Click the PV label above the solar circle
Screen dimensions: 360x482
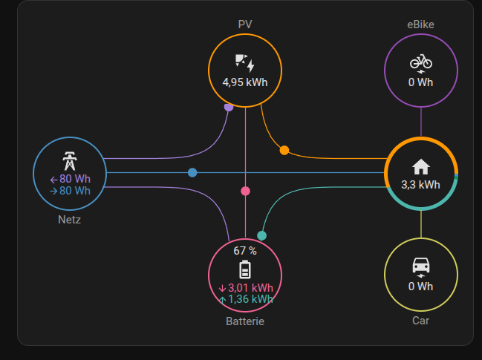pyautogui.click(x=245, y=24)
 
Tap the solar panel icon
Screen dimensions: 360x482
pyautogui.click(x=244, y=62)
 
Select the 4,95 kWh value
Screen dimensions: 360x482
pyautogui.click(x=245, y=82)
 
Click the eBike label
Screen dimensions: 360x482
pyautogui.click(x=420, y=24)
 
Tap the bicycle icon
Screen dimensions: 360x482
pyautogui.click(x=421, y=62)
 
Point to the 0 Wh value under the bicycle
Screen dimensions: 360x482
pyautogui.click(x=420, y=82)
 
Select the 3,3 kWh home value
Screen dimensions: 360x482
pyautogui.click(x=421, y=184)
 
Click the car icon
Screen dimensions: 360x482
pyautogui.click(x=421, y=266)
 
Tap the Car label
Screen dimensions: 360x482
pyautogui.click(x=420, y=321)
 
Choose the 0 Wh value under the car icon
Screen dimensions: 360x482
pyautogui.click(x=420, y=286)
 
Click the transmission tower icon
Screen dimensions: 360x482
pyautogui.click(x=70, y=161)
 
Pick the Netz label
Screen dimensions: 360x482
pyautogui.click(x=70, y=220)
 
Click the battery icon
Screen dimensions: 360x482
pyautogui.click(x=245, y=269)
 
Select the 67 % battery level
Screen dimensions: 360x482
pyautogui.click(x=245, y=251)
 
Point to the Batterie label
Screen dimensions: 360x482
pyautogui.click(x=245, y=321)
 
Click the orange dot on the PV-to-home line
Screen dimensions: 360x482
pyautogui.click(x=284, y=151)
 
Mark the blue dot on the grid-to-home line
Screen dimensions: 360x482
pyautogui.click(x=192, y=172)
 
